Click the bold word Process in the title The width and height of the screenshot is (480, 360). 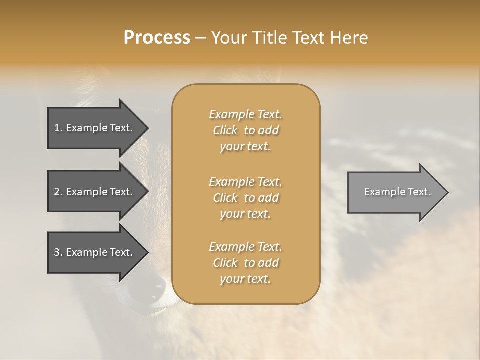pos(157,38)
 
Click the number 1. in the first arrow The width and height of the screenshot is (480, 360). pos(58,128)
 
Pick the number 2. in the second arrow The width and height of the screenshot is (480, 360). pos(58,192)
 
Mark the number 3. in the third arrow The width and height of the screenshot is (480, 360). pos(58,252)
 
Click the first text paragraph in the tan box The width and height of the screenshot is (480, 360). pos(245,130)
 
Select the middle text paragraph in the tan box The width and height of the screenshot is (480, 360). pos(245,198)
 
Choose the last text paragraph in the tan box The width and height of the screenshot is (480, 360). pos(245,263)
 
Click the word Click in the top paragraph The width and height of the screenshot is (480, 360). pos(225,130)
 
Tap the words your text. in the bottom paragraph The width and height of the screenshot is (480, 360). pos(245,279)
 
